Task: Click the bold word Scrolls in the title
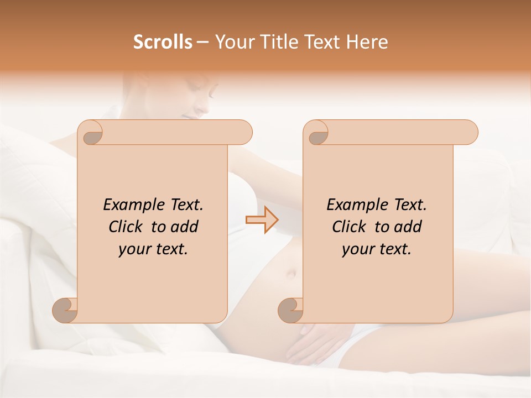point(163,42)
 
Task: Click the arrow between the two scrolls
point(262,220)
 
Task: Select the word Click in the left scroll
point(127,227)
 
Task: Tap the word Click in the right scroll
point(350,227)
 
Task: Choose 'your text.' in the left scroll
point(153,249)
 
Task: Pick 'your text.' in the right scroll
point(377,249)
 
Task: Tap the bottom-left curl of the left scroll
point(65,310)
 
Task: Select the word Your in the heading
point(233,42)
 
